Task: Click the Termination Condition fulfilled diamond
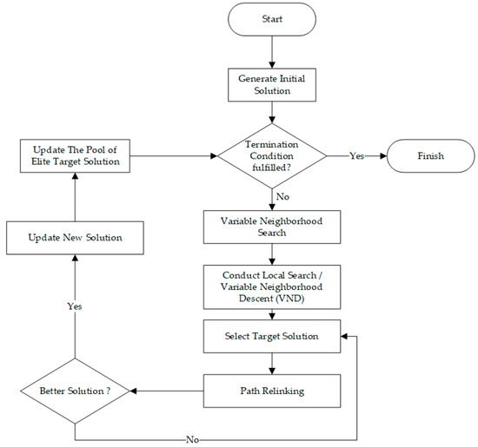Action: click(272, 157)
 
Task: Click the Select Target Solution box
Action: click(273, 336)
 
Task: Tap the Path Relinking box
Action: click(273, 391)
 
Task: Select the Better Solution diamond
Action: click(75, 391)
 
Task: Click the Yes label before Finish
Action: click(357, 157)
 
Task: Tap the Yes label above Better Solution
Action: click(75, 306)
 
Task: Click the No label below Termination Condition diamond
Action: click(282, 196)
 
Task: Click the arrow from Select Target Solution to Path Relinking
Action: click(273, 363)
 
